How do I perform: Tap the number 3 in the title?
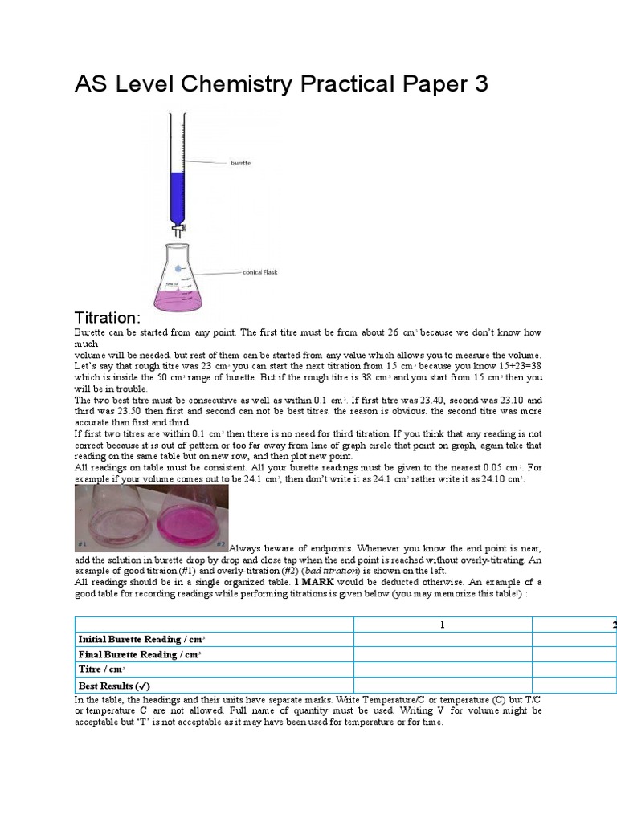480,84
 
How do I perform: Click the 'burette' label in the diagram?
240,163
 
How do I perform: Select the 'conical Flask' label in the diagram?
259,273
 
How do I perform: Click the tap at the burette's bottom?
178,230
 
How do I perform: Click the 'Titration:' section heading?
108,317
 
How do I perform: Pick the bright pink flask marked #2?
186,518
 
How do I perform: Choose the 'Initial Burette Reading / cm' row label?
141,640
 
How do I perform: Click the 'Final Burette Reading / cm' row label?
140,655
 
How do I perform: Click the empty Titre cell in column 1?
442,669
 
